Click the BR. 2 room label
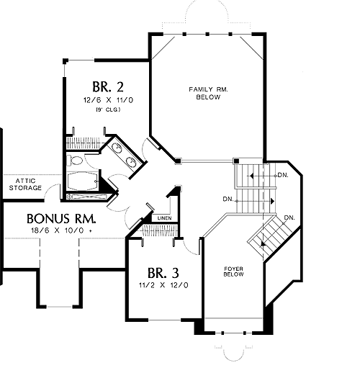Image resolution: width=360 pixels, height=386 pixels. [108, 86]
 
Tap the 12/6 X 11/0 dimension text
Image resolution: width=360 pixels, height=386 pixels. [108, 100]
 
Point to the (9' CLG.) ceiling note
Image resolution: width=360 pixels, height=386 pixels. [108, 109]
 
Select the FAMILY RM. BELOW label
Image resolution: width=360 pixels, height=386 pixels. [208, 93]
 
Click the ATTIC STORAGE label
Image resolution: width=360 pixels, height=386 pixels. [25, 184]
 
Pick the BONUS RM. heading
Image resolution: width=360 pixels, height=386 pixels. [61, 219]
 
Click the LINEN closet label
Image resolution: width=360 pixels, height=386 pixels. [164, 218]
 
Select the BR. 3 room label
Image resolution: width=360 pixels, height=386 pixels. [163, 273]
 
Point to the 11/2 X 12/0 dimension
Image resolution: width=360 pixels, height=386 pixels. [163, 285]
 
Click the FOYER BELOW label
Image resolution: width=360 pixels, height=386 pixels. [233, 271]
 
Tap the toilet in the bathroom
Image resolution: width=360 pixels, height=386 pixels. [75, 161]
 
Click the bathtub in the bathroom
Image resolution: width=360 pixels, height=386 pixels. [83, 181]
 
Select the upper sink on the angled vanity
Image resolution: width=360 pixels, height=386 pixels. [117, 148]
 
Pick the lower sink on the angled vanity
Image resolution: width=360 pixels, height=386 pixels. [131, 162]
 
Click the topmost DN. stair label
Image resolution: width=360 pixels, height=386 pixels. [283, 175]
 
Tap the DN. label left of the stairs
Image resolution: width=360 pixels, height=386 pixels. [228, 199]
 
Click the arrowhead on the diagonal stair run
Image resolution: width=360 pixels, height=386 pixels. [264, 244]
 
